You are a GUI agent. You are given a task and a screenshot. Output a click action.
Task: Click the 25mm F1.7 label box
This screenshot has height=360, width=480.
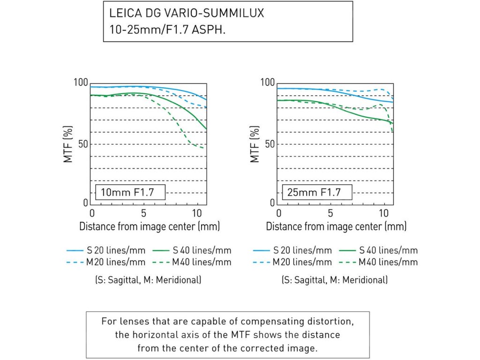point(312,192)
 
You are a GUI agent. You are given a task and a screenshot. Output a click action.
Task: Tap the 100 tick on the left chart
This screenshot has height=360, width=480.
point(81,82)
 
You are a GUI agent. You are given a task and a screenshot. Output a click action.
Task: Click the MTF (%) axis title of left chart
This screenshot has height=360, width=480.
point(68,143)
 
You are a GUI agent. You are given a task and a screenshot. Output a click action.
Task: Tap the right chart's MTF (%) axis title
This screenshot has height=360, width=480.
point(255,143)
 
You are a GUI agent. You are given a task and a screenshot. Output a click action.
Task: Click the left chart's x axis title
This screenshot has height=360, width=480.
point(150,226)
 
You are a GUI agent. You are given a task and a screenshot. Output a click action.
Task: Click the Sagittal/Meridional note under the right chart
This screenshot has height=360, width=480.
point(334,280)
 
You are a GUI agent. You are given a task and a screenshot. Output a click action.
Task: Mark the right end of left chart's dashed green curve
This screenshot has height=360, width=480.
point(203,148)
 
